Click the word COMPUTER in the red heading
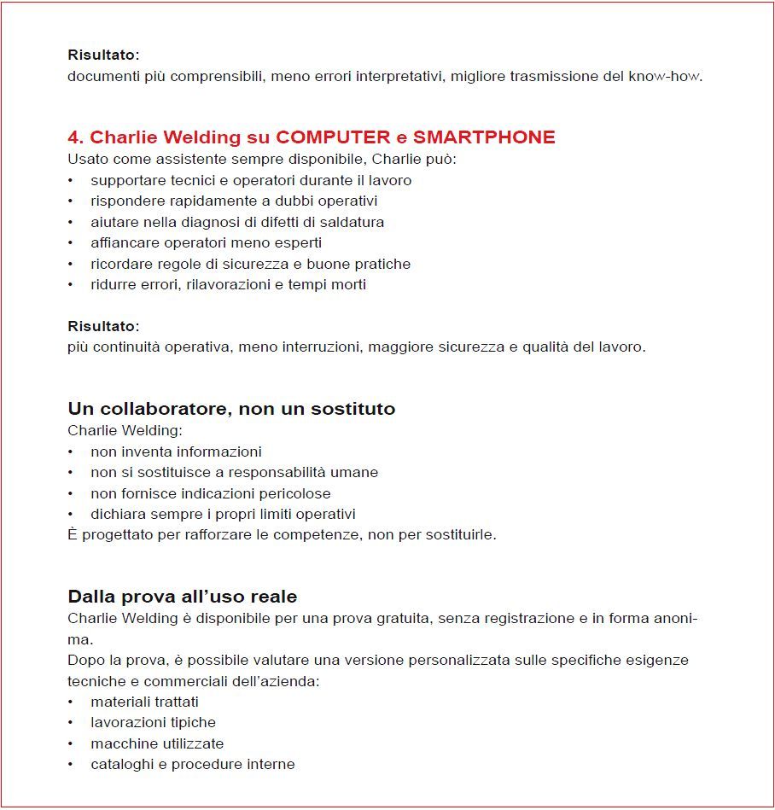click(335, 137)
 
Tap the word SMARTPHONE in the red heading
click(484, 137)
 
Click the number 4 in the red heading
click(73, 137)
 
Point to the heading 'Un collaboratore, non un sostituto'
click(231, 409)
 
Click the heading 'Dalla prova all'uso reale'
click(182, 597)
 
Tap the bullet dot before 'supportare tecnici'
click(71, 181)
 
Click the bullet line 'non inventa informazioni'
click(176, 452)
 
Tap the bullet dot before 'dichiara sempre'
click(71, 515)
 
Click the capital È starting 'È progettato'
click(73, 535)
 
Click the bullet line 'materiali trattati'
click(144, 702)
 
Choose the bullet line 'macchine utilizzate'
click(157, 743)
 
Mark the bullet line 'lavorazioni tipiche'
click(153, 723)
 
